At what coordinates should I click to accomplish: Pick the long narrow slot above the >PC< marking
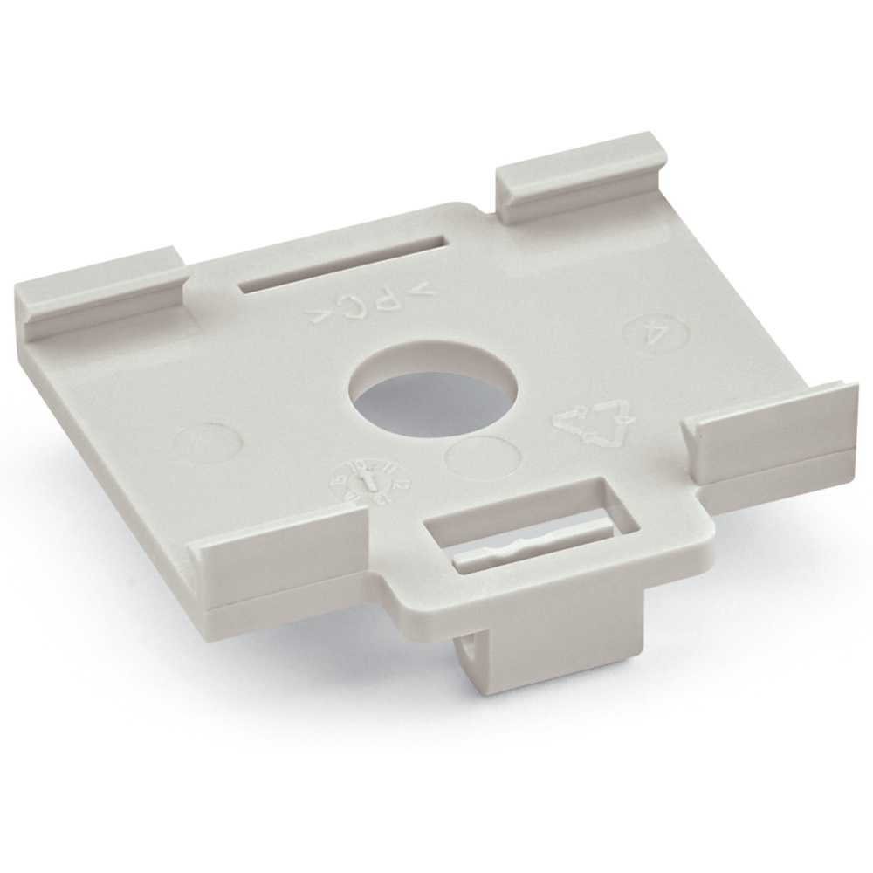343,272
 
